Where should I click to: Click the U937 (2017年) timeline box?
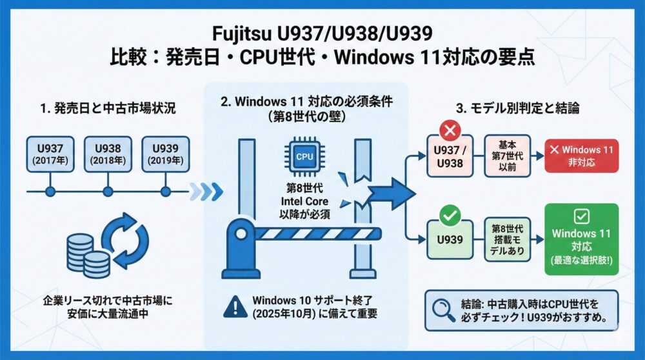(49, 154)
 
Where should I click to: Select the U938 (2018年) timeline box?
(107, 154)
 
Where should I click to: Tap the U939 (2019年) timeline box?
(165, 154)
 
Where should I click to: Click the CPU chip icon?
(304, 157)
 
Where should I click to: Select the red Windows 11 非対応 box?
(581, 156)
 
